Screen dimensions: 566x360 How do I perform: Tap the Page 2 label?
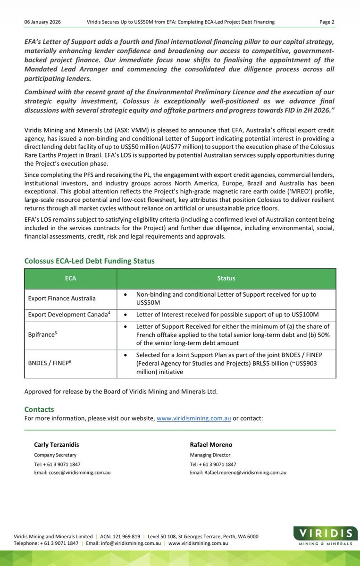(327, 22)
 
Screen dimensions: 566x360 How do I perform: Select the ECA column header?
(70, 279)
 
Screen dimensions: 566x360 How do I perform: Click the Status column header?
(226, 279)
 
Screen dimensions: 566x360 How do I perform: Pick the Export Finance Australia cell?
(61, 298)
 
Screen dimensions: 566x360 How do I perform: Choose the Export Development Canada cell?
(69, 314)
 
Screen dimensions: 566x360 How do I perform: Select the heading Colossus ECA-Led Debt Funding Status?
(89, 261)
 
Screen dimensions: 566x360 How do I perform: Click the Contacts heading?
(39, 409)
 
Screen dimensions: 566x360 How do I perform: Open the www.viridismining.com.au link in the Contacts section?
(193, 418)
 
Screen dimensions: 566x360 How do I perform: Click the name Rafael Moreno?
(211, 445)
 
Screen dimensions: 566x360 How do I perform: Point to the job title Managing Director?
(210, 455)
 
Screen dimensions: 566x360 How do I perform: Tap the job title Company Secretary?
(55, 455)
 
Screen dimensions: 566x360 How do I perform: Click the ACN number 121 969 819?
(126, 536)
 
